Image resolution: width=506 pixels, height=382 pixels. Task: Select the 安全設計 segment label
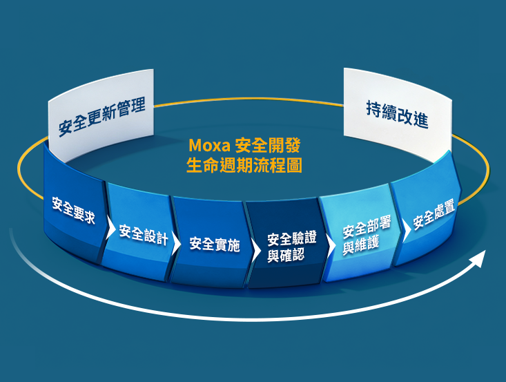(x=144, y=234)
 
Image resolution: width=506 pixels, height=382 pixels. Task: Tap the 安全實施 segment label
(x=215, y=244)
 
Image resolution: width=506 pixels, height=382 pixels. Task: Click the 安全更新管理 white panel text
(x=101, y=116)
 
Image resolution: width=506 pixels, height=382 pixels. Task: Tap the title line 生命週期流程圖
(x=244, y=166)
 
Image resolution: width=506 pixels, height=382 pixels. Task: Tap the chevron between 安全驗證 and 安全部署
(x=331, y=245)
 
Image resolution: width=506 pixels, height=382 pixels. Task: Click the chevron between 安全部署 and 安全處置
(x=407, y=230)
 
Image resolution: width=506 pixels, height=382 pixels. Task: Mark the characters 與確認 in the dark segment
(x=286, y=256)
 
